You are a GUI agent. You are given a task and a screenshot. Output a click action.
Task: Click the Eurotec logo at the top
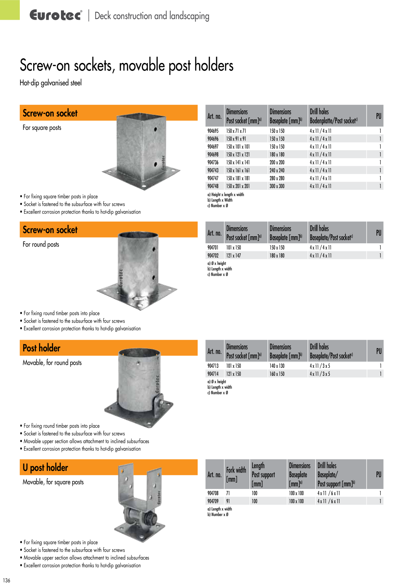[56, 15]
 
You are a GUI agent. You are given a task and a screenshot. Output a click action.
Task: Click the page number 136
[7, 580]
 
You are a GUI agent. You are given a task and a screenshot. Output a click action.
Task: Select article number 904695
[213, 131]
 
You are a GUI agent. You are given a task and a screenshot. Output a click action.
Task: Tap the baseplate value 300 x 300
[277, 186]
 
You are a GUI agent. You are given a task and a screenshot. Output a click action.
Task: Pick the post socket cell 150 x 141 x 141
[238, 162]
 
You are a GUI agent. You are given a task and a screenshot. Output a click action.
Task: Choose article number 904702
[213, 255]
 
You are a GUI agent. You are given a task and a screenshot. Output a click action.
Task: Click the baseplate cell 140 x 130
[277, 366]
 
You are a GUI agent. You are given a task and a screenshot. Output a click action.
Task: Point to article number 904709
[213, 501]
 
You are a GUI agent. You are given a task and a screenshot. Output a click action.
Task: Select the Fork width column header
[236, 474]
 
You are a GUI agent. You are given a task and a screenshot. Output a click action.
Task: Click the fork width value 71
[228, 493]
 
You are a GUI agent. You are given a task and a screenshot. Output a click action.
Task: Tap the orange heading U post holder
[45, 468]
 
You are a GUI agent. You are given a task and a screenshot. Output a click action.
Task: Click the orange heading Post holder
[41, 348]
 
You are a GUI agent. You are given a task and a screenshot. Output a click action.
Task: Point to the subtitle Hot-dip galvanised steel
[51, 83]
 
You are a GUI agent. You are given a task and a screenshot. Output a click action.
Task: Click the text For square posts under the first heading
[42, 128]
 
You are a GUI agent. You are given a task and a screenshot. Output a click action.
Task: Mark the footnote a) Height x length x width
[226, 194]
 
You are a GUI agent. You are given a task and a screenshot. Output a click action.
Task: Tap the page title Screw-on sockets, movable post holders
[127, 65]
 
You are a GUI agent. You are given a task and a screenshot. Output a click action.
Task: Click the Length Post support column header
[263, 475]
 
